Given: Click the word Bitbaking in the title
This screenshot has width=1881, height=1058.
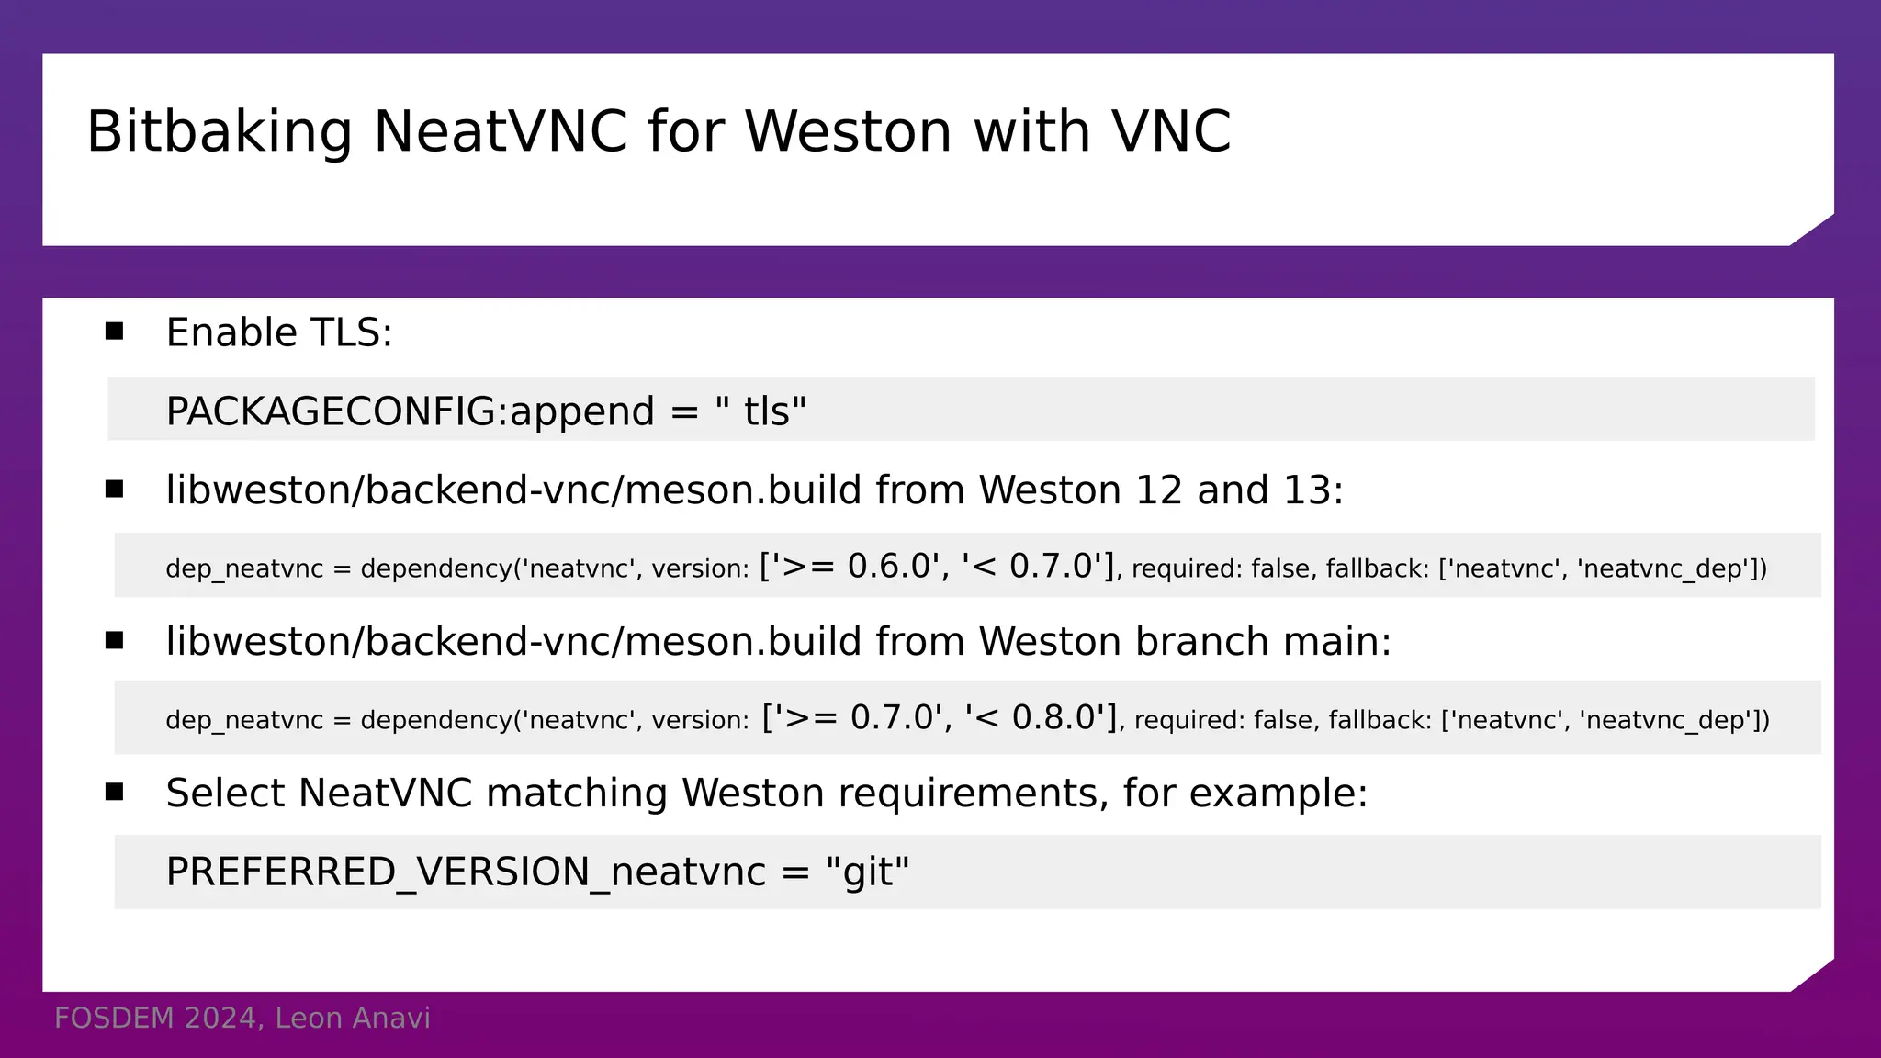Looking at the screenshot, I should (219, 131).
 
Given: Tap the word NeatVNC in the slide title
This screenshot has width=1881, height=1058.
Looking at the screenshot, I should (501, 131).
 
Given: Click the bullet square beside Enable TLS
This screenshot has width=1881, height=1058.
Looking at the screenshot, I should (114, 332).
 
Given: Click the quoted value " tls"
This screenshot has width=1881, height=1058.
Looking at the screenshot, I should (760, 411).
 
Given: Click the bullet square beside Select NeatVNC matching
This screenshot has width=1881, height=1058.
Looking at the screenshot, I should (114, 792).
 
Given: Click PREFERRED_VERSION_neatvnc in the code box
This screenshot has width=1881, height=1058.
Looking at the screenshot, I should (466, 872).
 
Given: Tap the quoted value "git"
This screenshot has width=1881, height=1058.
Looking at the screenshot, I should (867, 872).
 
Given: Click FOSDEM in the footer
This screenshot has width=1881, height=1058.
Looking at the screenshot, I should (114, 1019).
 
